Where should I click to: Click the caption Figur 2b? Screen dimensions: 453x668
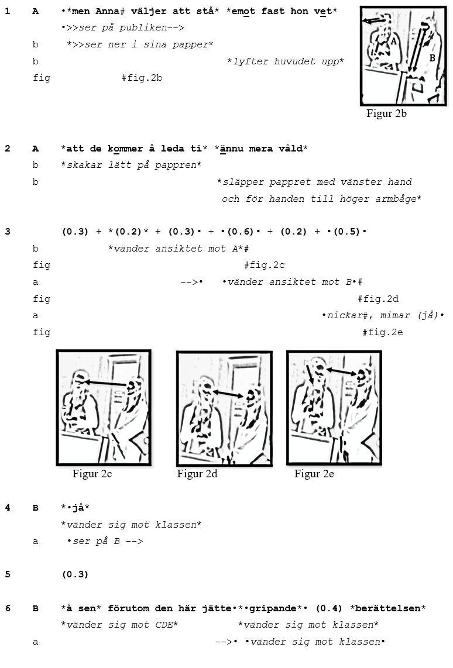386,113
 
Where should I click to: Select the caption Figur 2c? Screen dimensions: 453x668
92,474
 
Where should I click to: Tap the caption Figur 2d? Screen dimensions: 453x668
197,474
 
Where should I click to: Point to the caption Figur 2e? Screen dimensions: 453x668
314,474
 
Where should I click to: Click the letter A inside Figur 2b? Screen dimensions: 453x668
394,42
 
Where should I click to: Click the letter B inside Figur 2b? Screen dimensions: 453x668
432,58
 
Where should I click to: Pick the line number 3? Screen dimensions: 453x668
7,232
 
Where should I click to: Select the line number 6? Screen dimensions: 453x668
7,608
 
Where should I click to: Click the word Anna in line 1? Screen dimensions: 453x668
107,12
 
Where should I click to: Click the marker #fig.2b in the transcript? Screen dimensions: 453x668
142,78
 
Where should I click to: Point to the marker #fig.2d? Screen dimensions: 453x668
378,299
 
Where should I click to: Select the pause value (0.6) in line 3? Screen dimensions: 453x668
241,232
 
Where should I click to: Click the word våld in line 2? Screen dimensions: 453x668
291,149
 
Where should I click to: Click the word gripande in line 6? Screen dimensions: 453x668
273,608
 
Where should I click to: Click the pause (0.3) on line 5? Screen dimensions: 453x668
75,574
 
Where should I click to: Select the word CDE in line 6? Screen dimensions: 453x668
164,625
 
